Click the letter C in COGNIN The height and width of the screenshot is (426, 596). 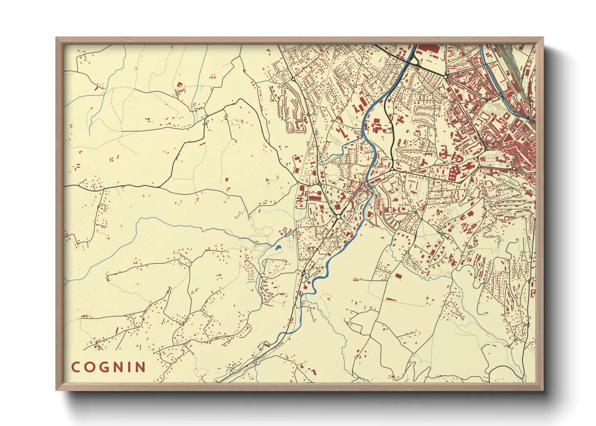tap(76, 367)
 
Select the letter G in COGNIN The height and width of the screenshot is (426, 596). tap(105, 367)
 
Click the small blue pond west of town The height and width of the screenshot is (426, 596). tap(278, 248)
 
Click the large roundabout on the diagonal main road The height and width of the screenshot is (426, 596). tap(338, 217)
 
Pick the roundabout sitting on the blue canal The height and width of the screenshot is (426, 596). tap(500, 95)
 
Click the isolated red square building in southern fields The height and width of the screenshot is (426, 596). tap(398, 276)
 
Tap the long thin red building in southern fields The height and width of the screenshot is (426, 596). tap(391, 299)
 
